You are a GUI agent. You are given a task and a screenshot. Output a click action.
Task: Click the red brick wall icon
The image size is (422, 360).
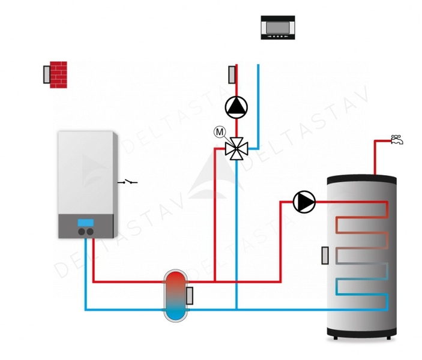pyautogui.click(x=59, y=74)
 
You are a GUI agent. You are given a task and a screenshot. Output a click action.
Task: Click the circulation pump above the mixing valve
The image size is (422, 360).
pyautogui.click(x=236, y=107)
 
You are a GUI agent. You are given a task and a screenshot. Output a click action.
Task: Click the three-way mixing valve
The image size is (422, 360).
pyautogui.click(x=236, y=148)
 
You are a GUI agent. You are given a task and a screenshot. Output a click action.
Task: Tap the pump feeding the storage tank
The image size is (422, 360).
pyautogui.click(x=304, y=202)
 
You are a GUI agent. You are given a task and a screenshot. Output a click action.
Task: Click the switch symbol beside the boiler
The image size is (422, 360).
pyautogui.click(x=128, y=181)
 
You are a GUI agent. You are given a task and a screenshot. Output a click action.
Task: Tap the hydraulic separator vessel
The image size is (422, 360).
pyautogui.click(x=176, y=295)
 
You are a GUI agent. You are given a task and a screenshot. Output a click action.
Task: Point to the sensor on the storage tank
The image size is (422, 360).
pyautogui.click(x=325, y=255)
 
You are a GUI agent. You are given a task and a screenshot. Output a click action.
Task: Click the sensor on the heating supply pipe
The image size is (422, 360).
pyautogui.click(x=231, y=76)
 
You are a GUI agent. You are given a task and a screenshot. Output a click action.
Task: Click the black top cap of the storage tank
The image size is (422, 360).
pyautogui.click(x=361, y=179)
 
